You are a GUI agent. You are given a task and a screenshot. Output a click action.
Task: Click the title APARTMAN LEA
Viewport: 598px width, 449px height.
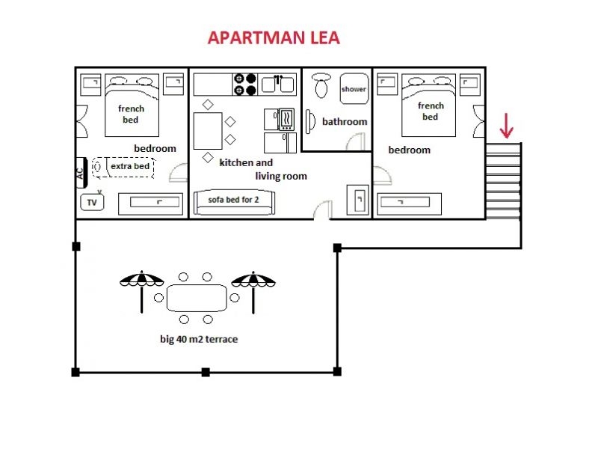click(x=273, y=38)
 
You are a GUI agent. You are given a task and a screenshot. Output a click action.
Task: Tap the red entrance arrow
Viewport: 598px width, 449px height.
click(x=507, y=125)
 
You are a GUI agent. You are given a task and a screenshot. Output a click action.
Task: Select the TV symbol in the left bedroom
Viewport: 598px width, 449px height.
click(x=91, y=202)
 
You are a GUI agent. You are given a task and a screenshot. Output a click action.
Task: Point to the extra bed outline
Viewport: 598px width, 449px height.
click(x=123, y=166)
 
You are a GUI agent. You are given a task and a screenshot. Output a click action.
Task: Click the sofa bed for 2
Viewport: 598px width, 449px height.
click(x=234, y=201)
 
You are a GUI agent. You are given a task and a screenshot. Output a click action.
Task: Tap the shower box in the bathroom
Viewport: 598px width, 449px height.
click(x=354, y=88)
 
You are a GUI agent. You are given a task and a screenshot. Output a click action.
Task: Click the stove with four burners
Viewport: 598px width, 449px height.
click(x=245, y=84)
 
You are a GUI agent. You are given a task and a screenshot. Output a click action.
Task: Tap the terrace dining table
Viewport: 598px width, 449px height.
click(x=197, y=298)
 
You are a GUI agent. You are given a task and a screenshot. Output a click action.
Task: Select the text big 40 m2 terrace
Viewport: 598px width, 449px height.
click(x=199, y=339)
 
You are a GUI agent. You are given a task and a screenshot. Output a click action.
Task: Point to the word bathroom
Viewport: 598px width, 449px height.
click(x=345, y=121)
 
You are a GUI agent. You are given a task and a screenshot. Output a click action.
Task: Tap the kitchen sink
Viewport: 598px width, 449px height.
click(x=278, y=84)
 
